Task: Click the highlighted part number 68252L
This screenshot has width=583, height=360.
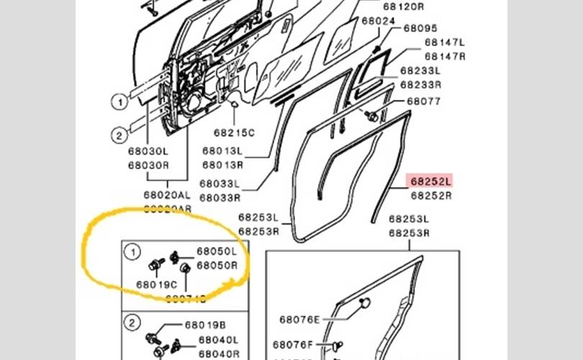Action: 430,181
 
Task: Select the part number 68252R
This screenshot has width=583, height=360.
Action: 430,194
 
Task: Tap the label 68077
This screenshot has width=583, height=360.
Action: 423,102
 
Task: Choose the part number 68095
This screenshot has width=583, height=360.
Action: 420,28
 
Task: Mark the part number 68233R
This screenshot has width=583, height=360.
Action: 420,84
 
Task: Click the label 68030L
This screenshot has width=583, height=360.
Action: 148,152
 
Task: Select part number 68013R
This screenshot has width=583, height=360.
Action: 222,164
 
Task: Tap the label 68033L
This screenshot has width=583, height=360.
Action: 220,184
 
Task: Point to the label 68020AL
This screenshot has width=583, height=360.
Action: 167,195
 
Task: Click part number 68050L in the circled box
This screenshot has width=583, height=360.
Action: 217,252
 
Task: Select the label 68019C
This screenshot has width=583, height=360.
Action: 152,285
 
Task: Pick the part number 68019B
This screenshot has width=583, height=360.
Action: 204,325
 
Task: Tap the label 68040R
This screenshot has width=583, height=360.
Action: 219,353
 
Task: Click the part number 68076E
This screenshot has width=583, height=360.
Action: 300,319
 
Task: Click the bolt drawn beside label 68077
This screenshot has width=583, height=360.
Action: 371,115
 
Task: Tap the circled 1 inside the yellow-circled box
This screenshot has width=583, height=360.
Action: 132,252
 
